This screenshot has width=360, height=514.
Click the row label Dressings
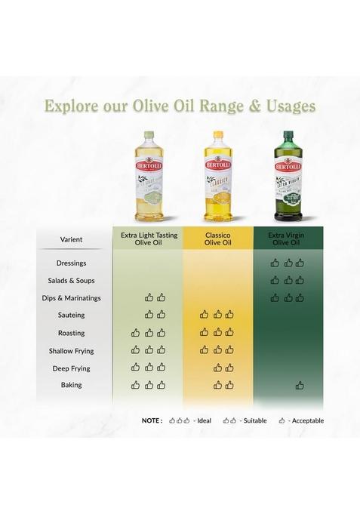point(71,263)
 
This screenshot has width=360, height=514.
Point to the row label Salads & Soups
point(71,281)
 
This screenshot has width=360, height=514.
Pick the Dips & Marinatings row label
point(71,298)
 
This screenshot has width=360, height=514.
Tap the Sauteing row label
point(71,315)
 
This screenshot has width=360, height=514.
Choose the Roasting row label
point(71,333)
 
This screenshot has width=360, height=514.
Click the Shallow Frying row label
point(71,351)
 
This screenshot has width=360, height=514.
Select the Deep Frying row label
point(71,368)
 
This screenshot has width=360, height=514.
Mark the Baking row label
point(71,385)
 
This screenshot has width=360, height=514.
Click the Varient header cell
point(71,239)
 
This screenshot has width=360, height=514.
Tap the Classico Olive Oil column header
point(217,239)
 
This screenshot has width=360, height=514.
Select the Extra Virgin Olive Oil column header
point(287,239)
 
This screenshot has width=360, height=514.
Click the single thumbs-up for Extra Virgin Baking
point(300,385)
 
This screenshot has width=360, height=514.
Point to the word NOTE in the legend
point(152,420)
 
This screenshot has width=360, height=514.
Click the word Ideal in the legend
point(204,420)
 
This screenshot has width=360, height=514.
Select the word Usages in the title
point(288,105)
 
